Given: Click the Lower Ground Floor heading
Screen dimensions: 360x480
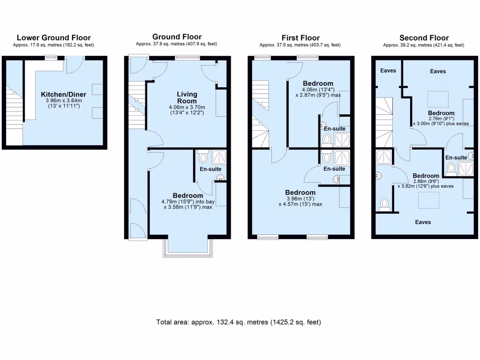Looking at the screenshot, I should click(x=53, y=38).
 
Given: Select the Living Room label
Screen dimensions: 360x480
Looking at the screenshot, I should click(x=187, y=97).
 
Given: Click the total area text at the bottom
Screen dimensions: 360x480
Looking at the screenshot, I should click(x=239, y=322).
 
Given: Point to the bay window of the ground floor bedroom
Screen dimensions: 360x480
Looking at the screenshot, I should click(x=187, y=248).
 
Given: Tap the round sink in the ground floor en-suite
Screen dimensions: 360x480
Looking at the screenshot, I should click(x=219, y=178).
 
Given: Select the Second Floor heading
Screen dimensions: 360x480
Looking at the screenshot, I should click(x=424, y=38).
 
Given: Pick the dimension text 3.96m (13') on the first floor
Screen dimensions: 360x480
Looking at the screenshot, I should click(x=300, y=198).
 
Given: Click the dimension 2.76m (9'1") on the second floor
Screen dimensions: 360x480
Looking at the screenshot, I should click(x=441, y=119).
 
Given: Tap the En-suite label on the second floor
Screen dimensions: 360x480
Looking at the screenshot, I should click(x=456, y=157).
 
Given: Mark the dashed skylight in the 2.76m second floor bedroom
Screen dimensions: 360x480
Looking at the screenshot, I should click(x=438, y=99).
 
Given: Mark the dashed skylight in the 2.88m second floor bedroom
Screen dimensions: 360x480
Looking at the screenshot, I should click(x=428, y=200).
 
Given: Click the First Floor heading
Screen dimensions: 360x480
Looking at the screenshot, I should click(x=300, y=38).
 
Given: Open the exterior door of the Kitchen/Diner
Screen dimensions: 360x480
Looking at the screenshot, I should click(x=74, y=64).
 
